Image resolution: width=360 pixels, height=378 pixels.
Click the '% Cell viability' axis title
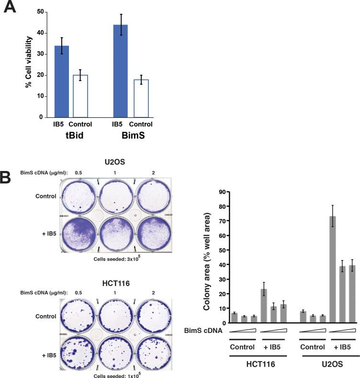[28, 63]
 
